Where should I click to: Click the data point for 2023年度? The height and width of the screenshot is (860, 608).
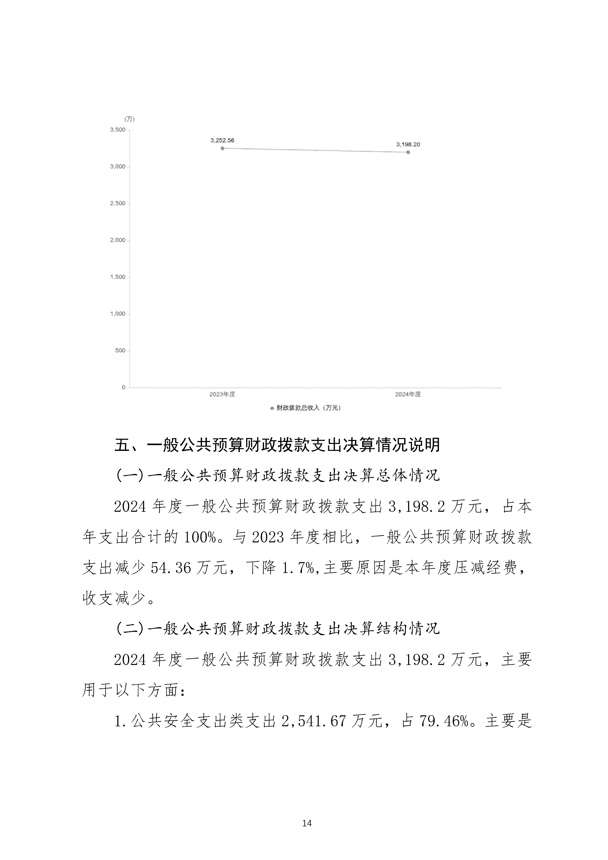click(x=223, y=148)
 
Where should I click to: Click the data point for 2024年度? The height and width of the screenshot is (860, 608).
click(x=408, y=152)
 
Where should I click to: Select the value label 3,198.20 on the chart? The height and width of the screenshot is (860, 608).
click(x=408, y=145)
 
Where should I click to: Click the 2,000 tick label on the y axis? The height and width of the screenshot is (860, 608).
click(x=118, y=240)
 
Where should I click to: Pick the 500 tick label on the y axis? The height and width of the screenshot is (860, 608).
click(x=120, y=351)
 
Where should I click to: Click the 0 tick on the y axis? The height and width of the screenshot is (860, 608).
click(x=124, y=387)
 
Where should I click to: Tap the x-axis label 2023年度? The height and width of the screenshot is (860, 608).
click(x=222, y=394)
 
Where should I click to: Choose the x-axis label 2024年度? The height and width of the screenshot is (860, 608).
click(x=408, y=394)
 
